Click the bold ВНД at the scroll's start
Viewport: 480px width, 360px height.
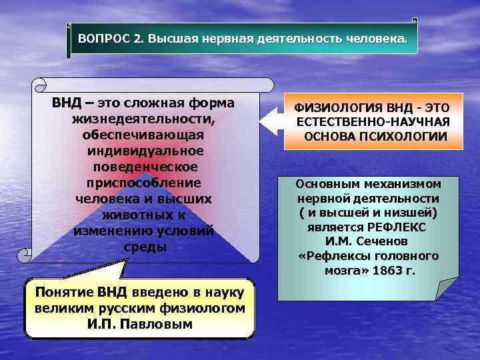[x=66, y=104]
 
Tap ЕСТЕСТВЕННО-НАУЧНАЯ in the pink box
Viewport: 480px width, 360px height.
[x=373, y=122]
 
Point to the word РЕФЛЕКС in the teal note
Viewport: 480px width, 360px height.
[x=397, y=227]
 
